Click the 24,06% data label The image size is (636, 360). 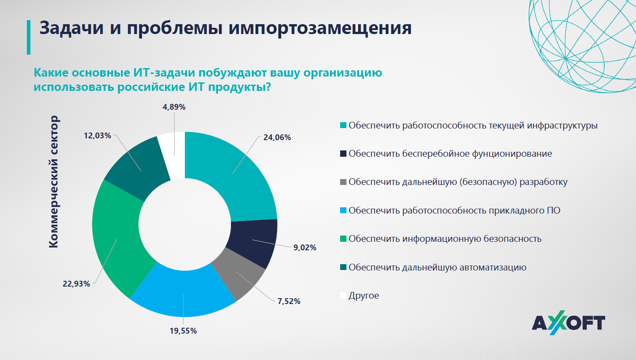tap(277, 137)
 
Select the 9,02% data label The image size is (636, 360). tap(305, 247)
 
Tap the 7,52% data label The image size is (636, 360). tap(289, 301)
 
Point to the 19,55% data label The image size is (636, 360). tap(183, 331)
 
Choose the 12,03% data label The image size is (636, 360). tap(97, 136)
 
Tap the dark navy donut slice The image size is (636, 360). tap(253, 242)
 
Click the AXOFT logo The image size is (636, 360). tap(568, 323)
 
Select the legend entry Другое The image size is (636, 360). tap(363, 296)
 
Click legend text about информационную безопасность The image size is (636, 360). tap(445, 239)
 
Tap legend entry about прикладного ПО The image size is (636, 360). tap(454, 210)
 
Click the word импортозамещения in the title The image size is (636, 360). tap(320, 27)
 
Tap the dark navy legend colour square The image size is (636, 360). tap(343, 154)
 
